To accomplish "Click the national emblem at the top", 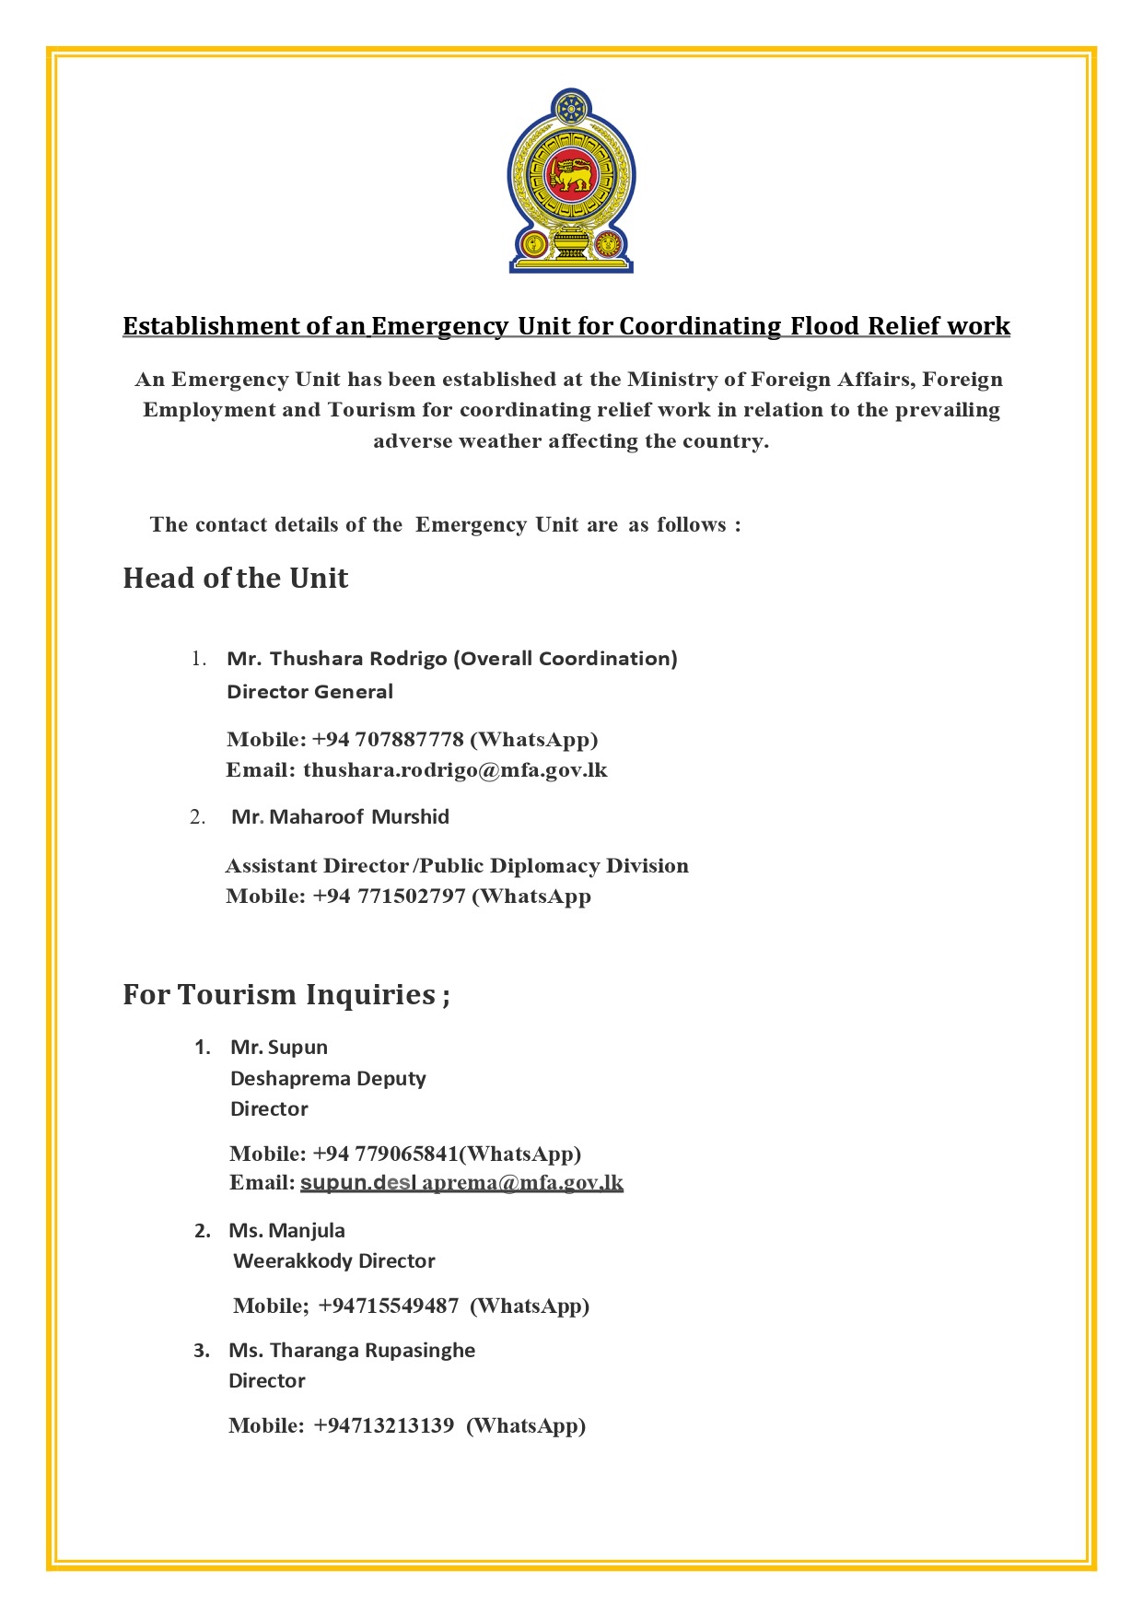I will click(571, 181).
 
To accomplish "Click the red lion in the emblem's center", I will click(571, 174).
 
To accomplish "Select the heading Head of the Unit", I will click(236, 579).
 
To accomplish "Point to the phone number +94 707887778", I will click(388, 740).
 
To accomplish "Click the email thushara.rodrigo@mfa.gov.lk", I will click(455, 770).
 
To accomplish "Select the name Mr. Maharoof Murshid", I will click(340, 817).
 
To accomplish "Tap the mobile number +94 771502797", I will click(390, 896).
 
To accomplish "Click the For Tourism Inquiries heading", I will click(286, 995).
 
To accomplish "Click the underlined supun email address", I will click(461, 1183).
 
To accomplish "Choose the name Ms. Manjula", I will click(286, 1231).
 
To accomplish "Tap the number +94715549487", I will click(388, 1306).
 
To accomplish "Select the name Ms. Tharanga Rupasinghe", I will click(352, 1351).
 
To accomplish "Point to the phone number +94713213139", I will click(384, 1426).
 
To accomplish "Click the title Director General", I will click(309, 692).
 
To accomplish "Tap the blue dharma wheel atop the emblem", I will click(571, 109).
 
